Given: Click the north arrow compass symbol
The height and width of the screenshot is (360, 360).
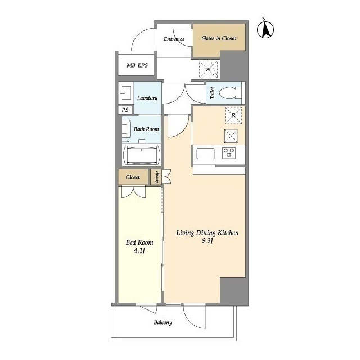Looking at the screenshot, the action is click(x=265, y=29).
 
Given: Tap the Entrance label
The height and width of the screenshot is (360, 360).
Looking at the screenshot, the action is click(x=174, y=39).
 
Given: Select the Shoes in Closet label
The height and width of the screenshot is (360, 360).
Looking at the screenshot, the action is click(x=219, y=38).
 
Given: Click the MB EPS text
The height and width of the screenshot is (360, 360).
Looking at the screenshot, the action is click(x=137, y=65).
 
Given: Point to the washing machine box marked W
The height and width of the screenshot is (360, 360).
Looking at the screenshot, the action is click(x=208, y=69).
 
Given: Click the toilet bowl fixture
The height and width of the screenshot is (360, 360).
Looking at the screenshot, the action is click(x=230, y=93).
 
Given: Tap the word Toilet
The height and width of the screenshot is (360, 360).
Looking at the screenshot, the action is click(x=213, y=93).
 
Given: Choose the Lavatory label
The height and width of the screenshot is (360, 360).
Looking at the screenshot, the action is click(x=147, y=98).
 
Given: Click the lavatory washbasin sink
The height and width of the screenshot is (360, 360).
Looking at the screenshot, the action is click(x=125, y=93).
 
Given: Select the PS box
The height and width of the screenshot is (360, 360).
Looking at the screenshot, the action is click(x=125, y=110).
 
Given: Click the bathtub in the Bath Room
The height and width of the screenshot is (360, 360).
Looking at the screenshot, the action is click(x=141, y=155).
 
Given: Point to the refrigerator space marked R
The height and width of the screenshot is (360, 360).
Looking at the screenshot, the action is click(x=233, y=115).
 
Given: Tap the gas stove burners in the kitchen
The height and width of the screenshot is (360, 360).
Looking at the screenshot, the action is click(x=229, y=153).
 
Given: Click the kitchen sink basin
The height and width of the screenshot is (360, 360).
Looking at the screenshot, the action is click(x=205, y=154).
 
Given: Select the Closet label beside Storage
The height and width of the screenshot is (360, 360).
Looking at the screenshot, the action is click(x=133, y=177).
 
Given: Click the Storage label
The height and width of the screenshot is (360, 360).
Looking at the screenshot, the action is click(x=157, y=177).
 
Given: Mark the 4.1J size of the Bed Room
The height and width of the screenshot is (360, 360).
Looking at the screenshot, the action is click(x=139, y=250).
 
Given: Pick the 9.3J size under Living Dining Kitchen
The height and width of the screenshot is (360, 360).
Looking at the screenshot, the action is click(x=208, y=241).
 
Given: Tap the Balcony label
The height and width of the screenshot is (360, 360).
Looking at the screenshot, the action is click(x=163, y=322).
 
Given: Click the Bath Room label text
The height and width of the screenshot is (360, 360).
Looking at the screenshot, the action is click(x=146, y=129).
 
